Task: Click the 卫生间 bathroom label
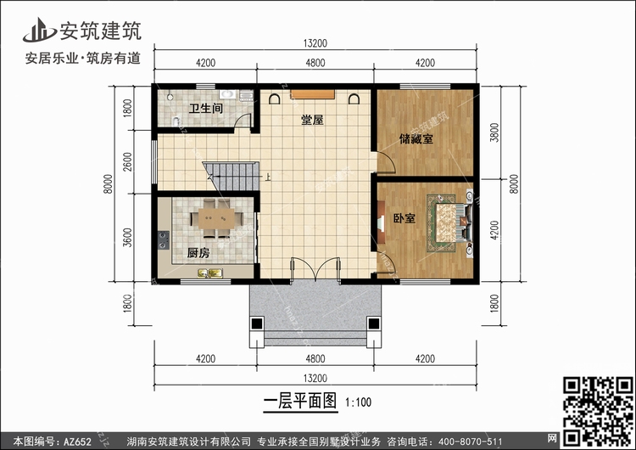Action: pyautogui.click(x=205, y=109)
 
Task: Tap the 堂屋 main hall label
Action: pyautogui.click(x=312, y=121)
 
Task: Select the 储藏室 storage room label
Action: pyautogui.click(x=416, y=138)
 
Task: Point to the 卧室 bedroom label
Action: pyautogui.click(x=404, y=218)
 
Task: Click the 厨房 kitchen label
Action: pyautogui.click(x=198, y=251)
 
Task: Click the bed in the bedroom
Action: pyautogui.click(x=449, y=223)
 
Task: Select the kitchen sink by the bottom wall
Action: pyautogui.click(x=209, y=273)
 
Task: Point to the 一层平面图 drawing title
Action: pyautogui.click(x=300, y=399)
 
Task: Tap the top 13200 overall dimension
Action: pyautogui.click(x=314, y=44)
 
